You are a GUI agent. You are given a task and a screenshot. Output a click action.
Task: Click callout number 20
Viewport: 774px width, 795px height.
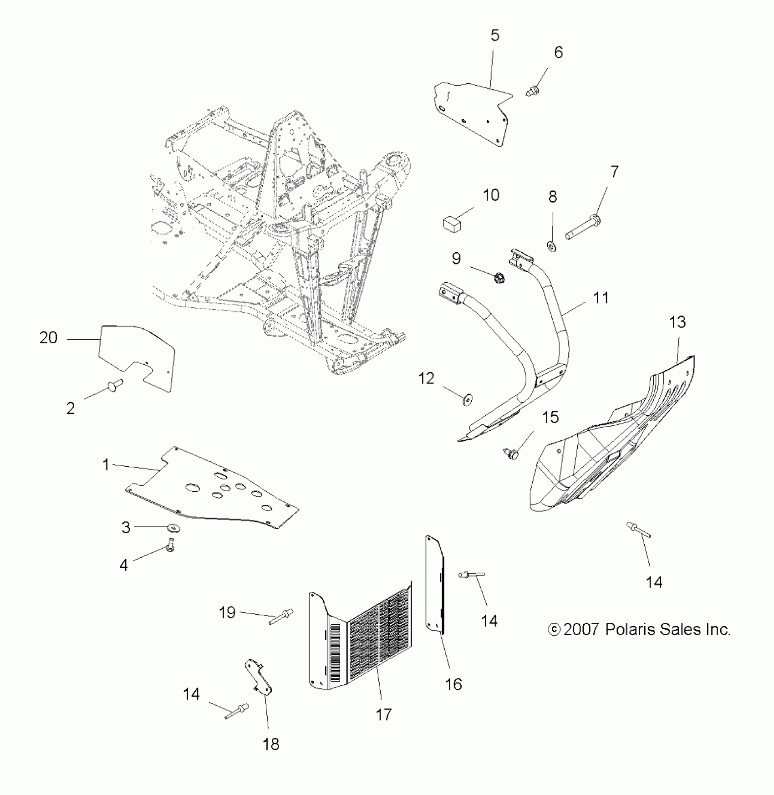click(48, 338)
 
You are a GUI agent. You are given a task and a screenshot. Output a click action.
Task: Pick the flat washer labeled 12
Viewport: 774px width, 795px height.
click(467, 400)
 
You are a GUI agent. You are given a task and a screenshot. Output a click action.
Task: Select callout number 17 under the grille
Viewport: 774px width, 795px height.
click(384, 714)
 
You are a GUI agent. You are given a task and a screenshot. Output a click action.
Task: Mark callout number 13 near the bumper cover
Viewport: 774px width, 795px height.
click(677, 322)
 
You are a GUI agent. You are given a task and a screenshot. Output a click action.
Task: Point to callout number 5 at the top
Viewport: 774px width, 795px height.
click(495, 35)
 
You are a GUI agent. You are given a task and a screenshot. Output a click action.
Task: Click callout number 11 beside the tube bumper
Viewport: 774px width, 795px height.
click(601, 298)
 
